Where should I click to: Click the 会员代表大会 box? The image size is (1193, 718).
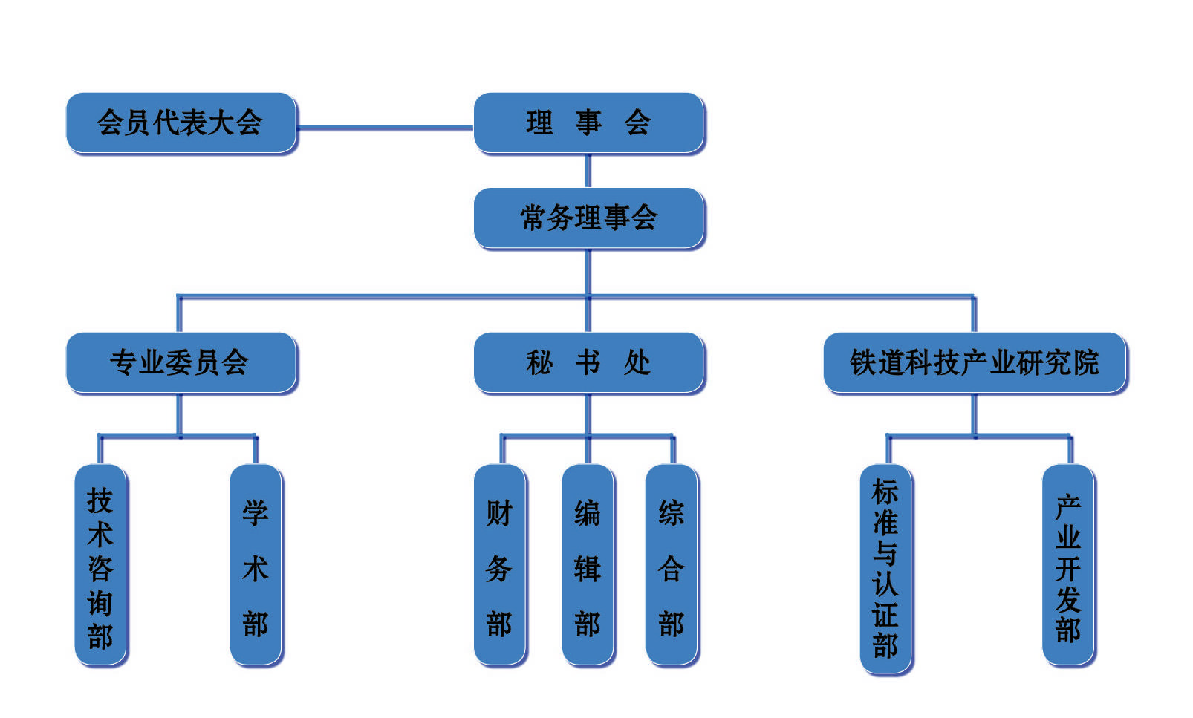tap(181, 123)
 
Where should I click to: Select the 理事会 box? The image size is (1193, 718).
tap(588, 123)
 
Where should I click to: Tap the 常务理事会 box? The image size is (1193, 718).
tap(588, 218)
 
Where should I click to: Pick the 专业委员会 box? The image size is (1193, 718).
tap(181, 362)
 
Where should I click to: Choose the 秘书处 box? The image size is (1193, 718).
tap(588, 362)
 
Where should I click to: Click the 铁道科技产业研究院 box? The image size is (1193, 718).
tap(975, 362)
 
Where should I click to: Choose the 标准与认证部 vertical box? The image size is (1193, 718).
tap(885, 569)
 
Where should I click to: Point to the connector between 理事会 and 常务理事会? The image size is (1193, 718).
tap(588, 171)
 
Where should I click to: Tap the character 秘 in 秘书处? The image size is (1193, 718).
tap(540, 363)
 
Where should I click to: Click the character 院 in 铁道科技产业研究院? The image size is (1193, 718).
tap(1085, 363)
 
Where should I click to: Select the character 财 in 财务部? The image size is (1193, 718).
tap(499, 513)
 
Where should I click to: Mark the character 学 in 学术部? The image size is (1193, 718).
tap(256, 513)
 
